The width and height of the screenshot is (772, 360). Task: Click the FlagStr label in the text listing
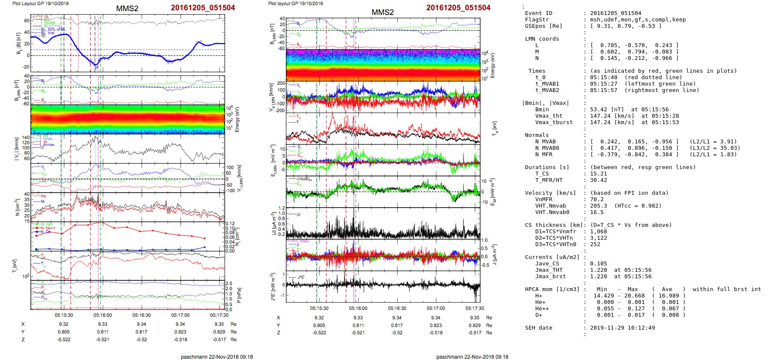(537, 20)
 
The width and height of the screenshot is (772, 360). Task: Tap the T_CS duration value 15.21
(598, 174)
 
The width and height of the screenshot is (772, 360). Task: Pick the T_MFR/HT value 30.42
(598, 180)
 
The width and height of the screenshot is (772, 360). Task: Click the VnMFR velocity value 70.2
(597, 199)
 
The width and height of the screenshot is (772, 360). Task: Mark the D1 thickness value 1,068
(598, 232)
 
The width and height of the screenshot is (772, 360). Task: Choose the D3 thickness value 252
(595, 244)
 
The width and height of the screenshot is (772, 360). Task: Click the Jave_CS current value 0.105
(598, 264)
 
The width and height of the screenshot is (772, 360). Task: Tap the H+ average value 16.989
(668, 296)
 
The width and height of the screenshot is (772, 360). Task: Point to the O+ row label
(538, 315)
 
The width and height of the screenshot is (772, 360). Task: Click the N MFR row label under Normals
(543, 155)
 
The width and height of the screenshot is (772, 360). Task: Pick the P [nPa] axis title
(239, 295)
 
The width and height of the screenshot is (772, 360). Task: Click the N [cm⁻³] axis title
(17, 207)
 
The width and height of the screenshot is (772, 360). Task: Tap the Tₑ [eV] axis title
(495, 128)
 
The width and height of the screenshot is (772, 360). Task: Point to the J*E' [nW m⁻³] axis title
(273, 287)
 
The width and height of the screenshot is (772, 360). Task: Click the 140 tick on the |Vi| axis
(26, 138)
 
